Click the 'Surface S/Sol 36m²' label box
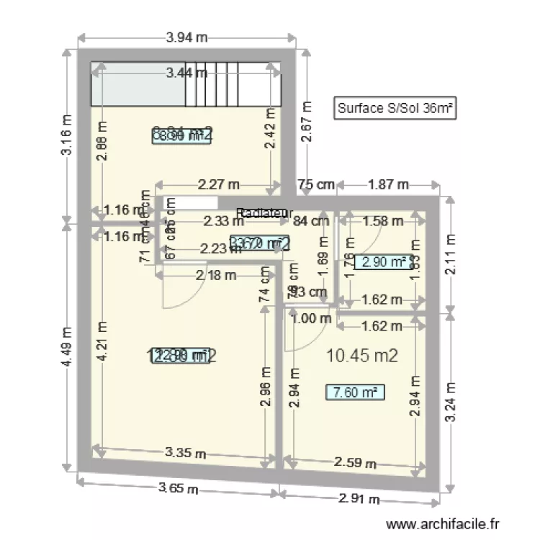click(x=395, y=109)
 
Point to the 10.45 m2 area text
click(x=362, y=354)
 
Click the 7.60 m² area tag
click(x=355, y=392)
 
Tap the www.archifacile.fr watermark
click(x=443, y=526)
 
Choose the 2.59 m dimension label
click(x=354, y=464)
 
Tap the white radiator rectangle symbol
click(x=190, y=203)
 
